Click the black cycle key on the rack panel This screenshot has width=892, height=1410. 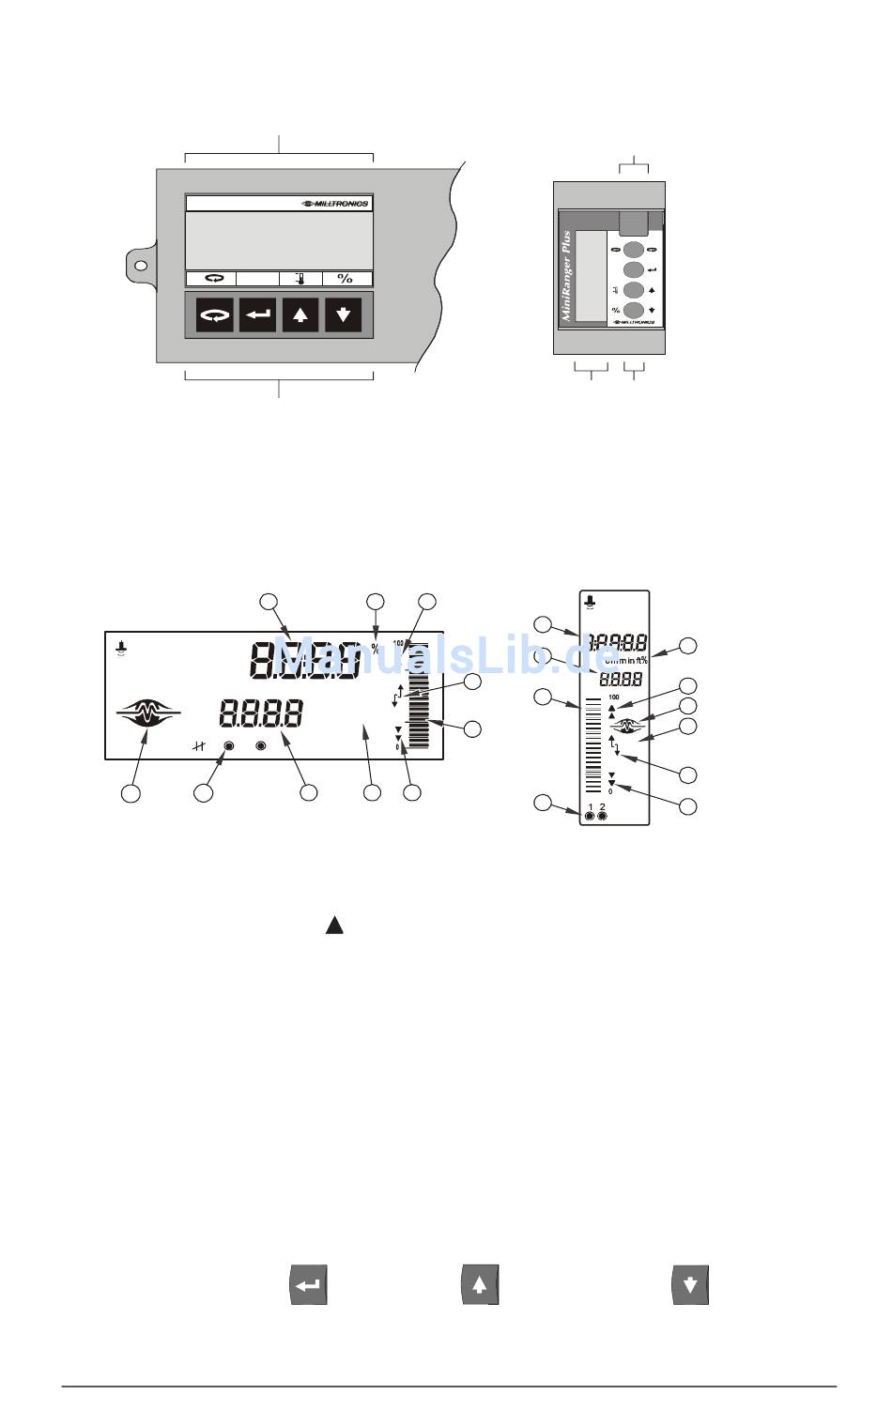(214, 314)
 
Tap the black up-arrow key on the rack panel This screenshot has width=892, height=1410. (300, 314)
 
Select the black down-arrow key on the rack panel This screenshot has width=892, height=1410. (344, 314)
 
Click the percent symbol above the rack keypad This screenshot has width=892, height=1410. (346, 279)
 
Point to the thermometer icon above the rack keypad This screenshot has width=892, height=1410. (300, 279)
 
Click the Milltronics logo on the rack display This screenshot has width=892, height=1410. (335, 204)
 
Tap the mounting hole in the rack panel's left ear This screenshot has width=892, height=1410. (141, 266)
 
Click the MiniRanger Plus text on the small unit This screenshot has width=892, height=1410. (566, 277)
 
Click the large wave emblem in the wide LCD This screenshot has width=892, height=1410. (146, 714)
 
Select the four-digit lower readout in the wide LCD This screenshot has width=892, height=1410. (261, 714)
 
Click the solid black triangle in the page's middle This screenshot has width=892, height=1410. (334, 926)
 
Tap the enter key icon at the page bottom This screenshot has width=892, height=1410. (308, 1285)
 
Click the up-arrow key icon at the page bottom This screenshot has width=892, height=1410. (479, 1285)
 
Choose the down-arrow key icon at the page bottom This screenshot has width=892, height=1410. (690, 1285)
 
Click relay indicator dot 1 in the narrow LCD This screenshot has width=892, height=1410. (590, 817)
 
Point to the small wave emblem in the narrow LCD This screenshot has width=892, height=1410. (626, 725)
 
